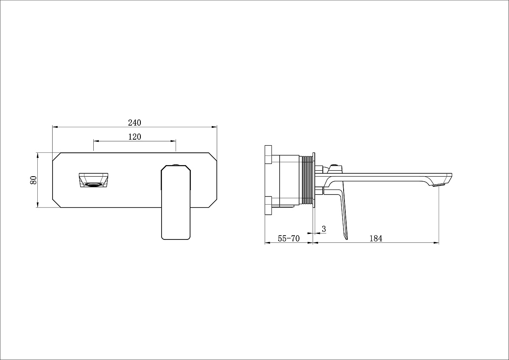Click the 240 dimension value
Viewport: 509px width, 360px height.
pyautogui.click(x=134, y=123)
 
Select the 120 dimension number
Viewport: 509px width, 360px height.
pyautogui.click(x=134, y=137)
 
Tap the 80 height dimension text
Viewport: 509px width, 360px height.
pyautogui.click(x=34, y=180)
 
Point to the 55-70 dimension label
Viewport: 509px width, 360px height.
pyautogui.click(x=288, y=239)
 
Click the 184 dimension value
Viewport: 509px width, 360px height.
pyautogui.click(x=375, y=239)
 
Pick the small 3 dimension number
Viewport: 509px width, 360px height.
pyautogui.click(x=324, y=229)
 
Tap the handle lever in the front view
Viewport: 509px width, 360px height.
pyautogui.click(x=176, y=204)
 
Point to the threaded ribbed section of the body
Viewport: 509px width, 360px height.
pyautogui.click(x=307, y=181)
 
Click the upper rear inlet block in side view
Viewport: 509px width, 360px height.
pyautogui.click(x=268, y=155)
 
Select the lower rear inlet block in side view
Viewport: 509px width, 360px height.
pyautogui.click(x=268, y=206)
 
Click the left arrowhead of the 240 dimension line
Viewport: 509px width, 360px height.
pyautogui.click(x=54, y=126)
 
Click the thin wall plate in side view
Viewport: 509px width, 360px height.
pyautogui.click(x=314, y=180)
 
